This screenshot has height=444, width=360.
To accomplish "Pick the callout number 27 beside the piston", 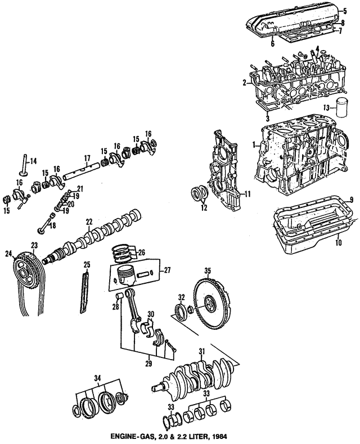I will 167,271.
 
